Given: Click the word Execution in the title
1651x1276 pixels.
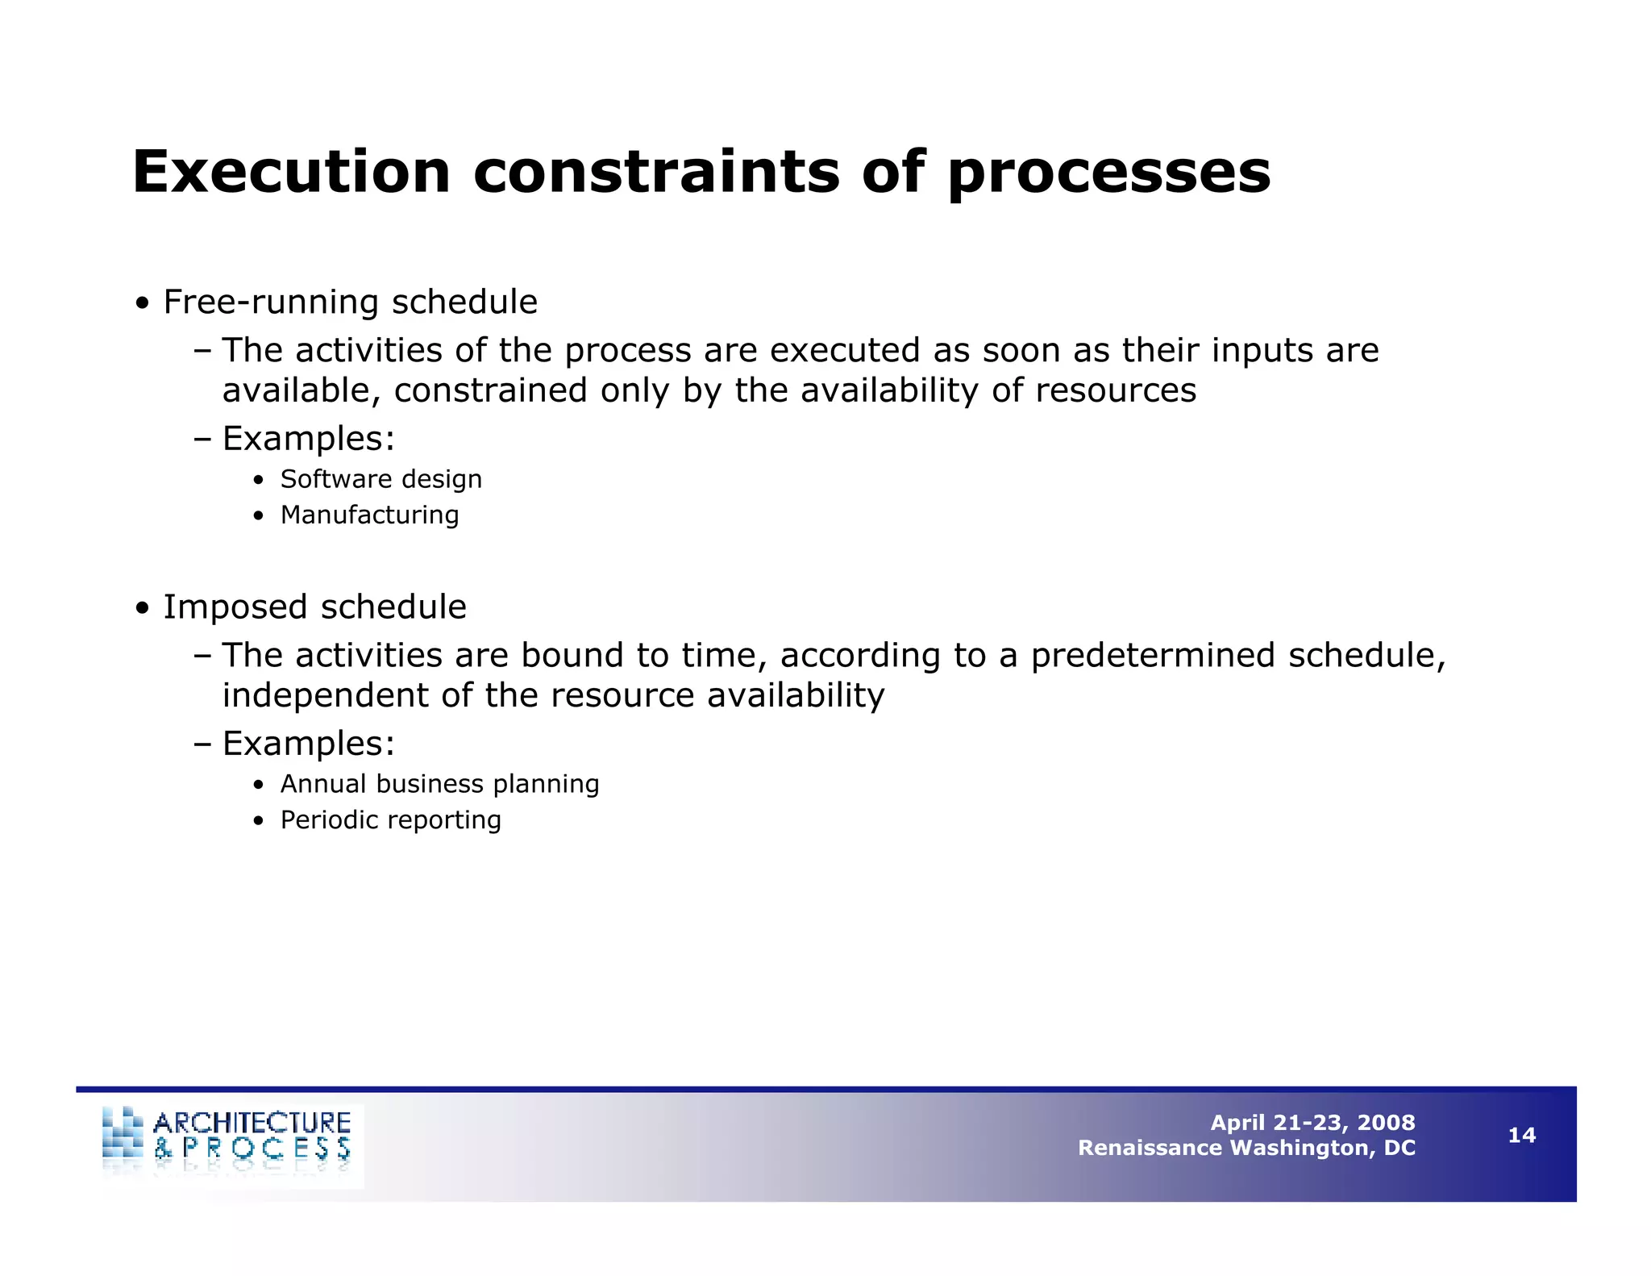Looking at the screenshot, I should pyautogui.click(x=290, y=173).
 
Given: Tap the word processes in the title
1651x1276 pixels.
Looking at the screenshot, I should pyautogui.click(x=1108, y=173).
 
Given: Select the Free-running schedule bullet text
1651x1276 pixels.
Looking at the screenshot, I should pyautogui.click(x=350, y=302).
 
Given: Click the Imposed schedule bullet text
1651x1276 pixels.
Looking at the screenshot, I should pyautogui.click(x=314, y=607).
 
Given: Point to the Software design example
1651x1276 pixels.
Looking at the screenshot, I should pyautogui.click(x=381, y=479).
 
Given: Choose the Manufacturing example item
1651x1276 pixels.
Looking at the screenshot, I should pyautogui.click(x=369, y=515).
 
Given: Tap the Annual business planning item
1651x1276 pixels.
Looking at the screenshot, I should pyautogui.click(x=439, y=784).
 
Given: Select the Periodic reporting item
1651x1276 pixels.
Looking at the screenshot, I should pyautogui.click(x=390, y=820).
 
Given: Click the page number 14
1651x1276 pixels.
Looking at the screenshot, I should pyautogui.click(x=1521, y=1136).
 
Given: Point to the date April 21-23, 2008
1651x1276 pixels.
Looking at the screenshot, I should pyautogui.click(x=1312, y=1123).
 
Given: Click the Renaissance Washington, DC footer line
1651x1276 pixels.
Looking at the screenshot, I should pyautogui.click(x=1246, y=1148).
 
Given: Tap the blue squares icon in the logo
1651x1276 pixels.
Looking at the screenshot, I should pyautogui.click(x=123, y=1133).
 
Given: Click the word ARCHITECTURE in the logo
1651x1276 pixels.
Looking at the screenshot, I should pyautogui.click(x=252, y=1123).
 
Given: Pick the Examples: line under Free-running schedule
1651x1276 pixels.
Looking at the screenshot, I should pyautogui.click(x=308, y=439).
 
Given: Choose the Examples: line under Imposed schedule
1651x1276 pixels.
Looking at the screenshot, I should pyautogui.click(x=308, y=744).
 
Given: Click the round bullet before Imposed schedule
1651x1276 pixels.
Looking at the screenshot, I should pyautogui.click(x=143, y=609).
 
